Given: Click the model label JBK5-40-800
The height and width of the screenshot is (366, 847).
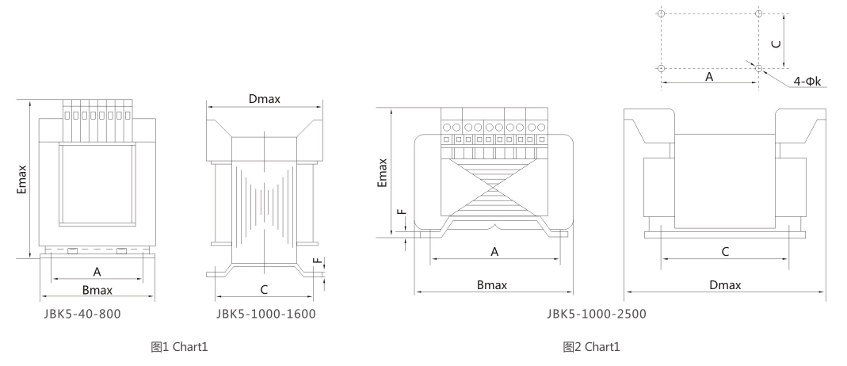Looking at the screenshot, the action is pos(82,314).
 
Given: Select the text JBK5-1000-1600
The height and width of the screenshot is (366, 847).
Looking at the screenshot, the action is pos(265,314).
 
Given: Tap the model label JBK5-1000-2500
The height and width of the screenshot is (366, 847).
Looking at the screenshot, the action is pos(597,314).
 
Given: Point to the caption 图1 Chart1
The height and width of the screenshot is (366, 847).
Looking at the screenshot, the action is pos(179,346).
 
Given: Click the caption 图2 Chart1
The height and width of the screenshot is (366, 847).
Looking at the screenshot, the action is pos(592,346).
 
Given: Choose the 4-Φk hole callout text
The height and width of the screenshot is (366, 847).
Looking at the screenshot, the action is pos(807,82).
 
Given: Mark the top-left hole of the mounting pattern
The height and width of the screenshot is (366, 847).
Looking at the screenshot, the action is pos(661,13).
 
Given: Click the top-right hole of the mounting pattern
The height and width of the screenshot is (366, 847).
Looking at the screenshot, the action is pos(759,13).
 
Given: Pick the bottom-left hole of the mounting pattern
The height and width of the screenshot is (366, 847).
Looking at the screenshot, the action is pos(661,69).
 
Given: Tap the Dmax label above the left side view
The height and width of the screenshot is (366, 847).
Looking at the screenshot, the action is pos(264,99).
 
